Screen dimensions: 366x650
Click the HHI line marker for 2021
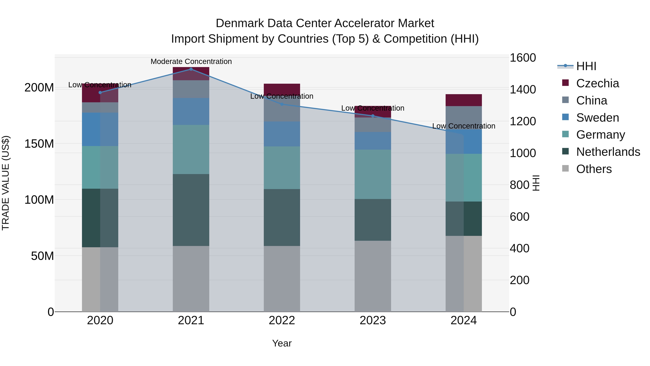tap(191, 69)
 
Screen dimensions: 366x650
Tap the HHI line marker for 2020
tap(100, 92)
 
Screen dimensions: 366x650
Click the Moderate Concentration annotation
tap(191, 61)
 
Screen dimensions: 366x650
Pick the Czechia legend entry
tap(597, 83)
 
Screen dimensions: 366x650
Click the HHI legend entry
tap(586, 66)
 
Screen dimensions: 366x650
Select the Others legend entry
tap(594, 169)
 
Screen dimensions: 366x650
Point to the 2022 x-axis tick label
tap(282, 320)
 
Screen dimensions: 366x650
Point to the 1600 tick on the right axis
tap(523, 58)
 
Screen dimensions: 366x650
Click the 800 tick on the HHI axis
tap(519, 185)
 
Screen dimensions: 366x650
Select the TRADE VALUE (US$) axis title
tap(6, 183)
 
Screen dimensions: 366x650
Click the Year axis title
tap(282, 343)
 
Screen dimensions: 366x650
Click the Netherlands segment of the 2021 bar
tap(191, 210)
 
